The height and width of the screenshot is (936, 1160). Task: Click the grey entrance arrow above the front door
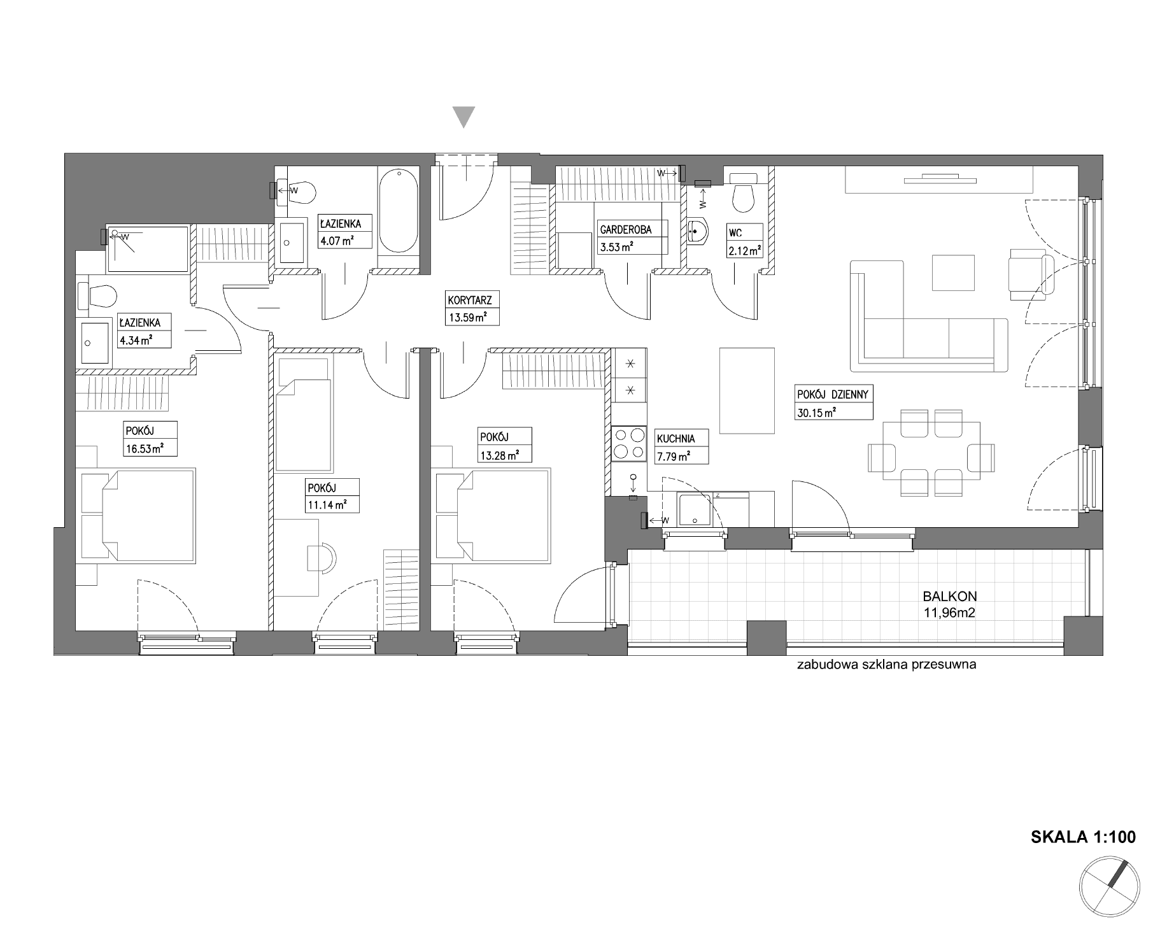point(463,117)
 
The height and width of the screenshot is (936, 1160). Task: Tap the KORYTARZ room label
point(470,299)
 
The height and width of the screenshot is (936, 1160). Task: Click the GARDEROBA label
point(625,230)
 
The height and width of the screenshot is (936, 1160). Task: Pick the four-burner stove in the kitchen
point(629,443)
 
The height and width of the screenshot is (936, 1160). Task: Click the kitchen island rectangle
point(747,390)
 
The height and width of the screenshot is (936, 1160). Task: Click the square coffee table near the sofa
point(953,273)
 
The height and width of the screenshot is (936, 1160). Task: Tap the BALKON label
point(950,597)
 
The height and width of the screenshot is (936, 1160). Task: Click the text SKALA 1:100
point(1083,837)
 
